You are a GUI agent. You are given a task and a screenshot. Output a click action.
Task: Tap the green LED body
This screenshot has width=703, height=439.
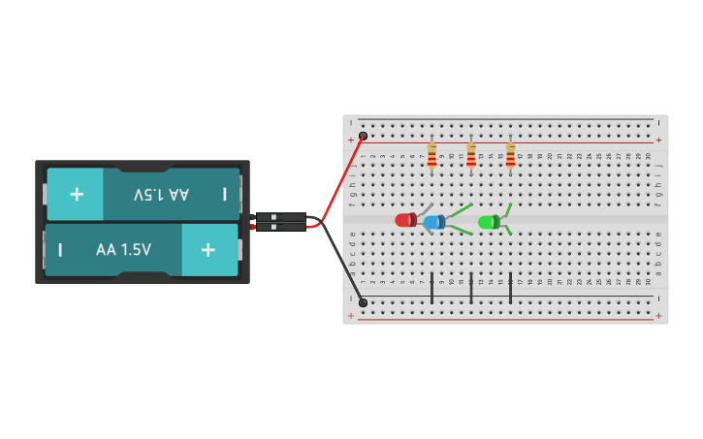(488, 222)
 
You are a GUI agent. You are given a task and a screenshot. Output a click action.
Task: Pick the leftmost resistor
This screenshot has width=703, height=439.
(431, 155)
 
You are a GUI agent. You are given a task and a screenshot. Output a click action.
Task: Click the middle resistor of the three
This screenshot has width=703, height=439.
(471, 155)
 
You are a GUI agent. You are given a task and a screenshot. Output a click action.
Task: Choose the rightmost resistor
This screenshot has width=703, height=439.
(510, 155)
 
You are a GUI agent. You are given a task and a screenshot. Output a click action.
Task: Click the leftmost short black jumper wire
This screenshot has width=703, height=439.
(431, 288)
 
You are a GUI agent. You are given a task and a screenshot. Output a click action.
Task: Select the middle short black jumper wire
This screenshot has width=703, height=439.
(471, 288)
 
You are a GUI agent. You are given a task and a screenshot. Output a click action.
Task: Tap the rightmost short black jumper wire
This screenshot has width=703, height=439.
(510, 288)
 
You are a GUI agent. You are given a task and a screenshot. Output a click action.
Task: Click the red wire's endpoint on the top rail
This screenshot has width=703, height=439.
(363, 136)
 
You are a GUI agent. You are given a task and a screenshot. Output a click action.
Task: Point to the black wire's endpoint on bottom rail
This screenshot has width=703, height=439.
(363, 302)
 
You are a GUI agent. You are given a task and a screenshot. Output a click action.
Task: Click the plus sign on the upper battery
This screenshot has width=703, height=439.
(77, 194)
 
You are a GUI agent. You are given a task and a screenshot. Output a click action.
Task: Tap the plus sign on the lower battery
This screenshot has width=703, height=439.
(208, 250)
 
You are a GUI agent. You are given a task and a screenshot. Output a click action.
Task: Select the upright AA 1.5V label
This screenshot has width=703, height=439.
(123, 250)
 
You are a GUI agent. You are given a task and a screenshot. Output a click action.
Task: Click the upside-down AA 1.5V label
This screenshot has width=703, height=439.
(161, 194)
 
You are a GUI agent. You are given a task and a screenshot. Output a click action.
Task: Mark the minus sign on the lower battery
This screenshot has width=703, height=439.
(60, 250)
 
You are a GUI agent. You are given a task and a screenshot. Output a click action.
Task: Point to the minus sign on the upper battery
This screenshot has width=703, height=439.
(224, 194)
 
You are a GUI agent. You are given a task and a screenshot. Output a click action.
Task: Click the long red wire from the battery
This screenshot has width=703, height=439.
(341, 179)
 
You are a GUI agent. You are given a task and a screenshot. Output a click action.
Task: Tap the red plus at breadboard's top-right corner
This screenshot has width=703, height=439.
(658, 140)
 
